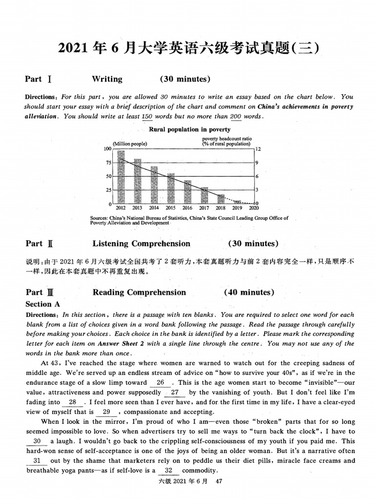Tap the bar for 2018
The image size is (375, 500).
(x=221, y=199)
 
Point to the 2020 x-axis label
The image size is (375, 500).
(x=254, y=208)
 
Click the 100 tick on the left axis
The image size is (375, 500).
(x=108, y=148)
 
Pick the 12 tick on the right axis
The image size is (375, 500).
(x=259, y=149)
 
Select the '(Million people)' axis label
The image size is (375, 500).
(x=130, y=144)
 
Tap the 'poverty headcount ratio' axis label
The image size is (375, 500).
(x=227, y=139)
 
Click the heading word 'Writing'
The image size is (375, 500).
(x=107, y=79)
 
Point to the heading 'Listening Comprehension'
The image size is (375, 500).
(x=141, y=244)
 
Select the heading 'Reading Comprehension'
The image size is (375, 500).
(x=139, y=292)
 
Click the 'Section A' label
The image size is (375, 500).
(x=42, y=304)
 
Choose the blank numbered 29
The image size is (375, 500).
(x=106, y=412)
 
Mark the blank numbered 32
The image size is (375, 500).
(x=168, y=471)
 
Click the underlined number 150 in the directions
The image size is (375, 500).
(x=146, y=117)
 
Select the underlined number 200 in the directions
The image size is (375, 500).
(x=235, y=117)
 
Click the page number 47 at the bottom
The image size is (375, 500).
(x=219, y=481)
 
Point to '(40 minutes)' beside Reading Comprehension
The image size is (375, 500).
(x=249, y=292)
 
